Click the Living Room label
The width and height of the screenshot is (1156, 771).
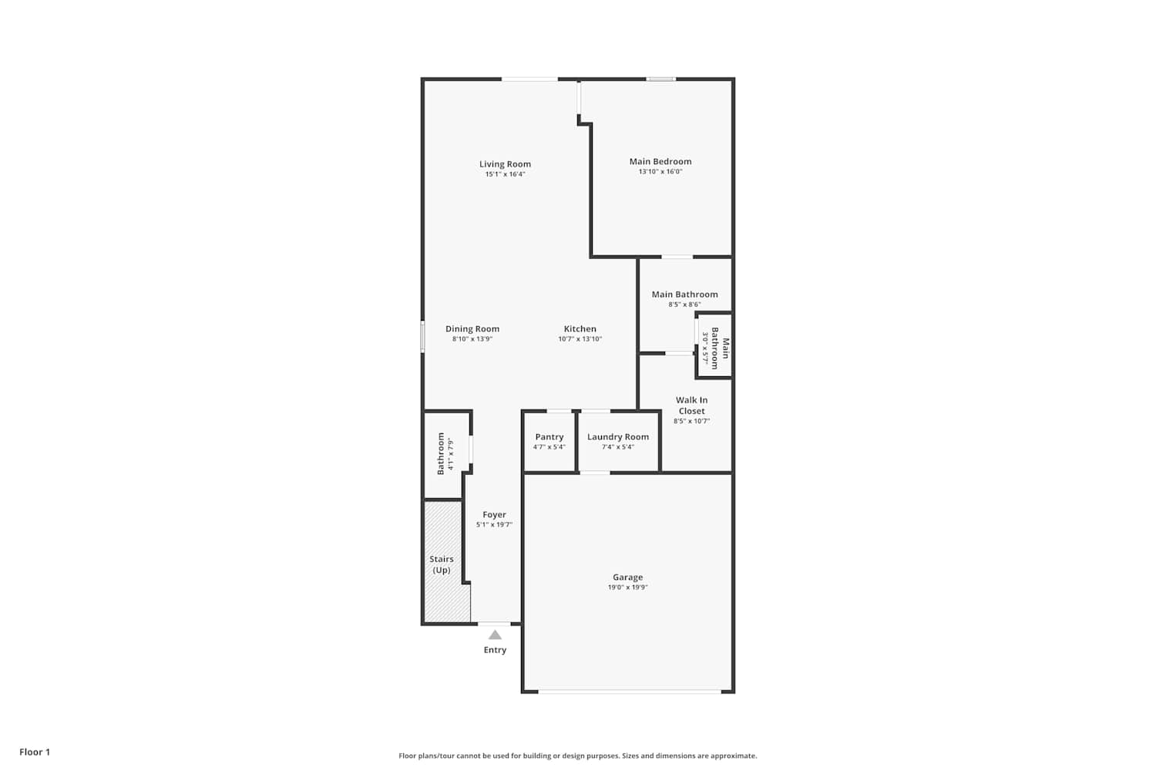tap(505, 164)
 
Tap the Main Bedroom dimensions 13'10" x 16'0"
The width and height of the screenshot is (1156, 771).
tap(660, 171)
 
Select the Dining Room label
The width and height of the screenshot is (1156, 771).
tap(472, 329)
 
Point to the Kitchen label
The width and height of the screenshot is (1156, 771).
tap(580, 329)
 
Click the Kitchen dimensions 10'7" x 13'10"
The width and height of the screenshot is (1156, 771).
tap(580, 339)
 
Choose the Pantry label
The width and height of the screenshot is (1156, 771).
tap(549, 437)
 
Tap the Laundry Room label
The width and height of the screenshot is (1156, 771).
tap(618, 437)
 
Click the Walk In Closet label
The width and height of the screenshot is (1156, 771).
tap(691, 406)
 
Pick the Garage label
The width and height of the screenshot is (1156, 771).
tap(627, 577)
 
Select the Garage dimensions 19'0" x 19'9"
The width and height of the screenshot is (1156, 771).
tap(627, 588)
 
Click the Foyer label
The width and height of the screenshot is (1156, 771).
tap(494, 515)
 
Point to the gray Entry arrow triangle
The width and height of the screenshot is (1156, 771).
tap(495, 635)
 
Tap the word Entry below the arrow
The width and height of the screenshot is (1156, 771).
tap(495, 650)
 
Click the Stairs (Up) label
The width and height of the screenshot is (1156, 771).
tap(442, 564)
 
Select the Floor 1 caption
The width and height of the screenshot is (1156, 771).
tap(35, 752)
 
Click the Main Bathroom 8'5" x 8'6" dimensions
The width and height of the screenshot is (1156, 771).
tap(684, 305)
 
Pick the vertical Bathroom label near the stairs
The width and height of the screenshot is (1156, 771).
tap(441, 454)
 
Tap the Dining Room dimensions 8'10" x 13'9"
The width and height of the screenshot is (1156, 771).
tap(472, 339)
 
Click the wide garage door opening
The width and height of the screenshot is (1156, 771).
tap(630, 691)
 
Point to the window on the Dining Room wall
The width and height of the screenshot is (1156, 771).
tap(422, 337)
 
